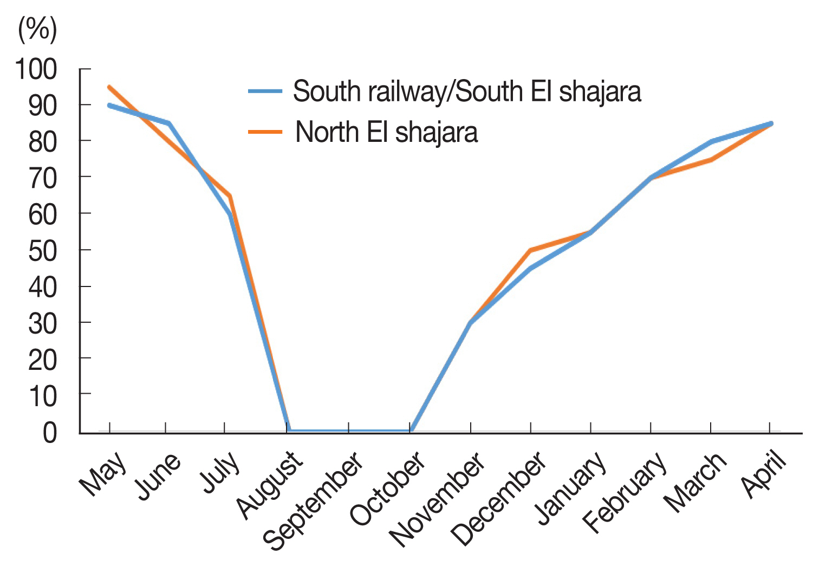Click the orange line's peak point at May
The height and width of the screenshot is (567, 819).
[x=109, y=87]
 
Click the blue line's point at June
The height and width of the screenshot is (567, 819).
[x=169, y=123]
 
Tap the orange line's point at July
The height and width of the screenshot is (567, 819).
[x=230, y=195]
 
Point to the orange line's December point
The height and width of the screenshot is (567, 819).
[x=530, y=250]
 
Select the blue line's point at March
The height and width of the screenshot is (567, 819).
[x=711, y=141]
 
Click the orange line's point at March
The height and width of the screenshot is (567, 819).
[x=711, y=160]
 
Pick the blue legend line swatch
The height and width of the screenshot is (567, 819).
[x=265, y=92]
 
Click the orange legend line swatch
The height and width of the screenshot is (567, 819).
[x=265, y=132]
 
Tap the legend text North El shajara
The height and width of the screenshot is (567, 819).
[x=386, y=132]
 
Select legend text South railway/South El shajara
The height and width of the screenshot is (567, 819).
[x=467, y=92]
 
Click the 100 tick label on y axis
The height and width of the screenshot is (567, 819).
[x=36, y=69]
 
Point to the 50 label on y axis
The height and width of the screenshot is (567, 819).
[x=42, y=250]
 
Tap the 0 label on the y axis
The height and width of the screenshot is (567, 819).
[x=49, y=433]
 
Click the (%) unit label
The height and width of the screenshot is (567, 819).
[x=37, y=29]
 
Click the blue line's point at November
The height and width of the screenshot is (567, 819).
[x=470, y=323]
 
